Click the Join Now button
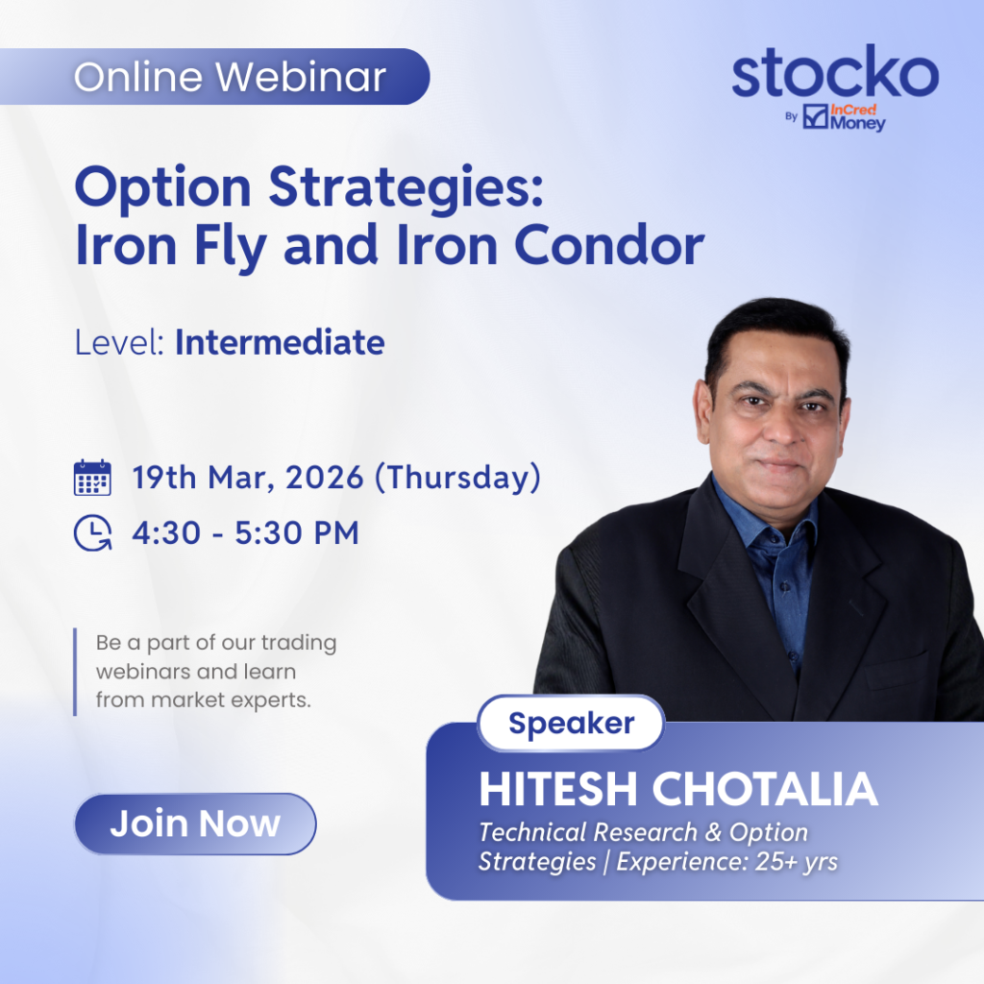tap(195, 824)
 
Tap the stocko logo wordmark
tap(835, 71)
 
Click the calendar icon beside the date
tap(93, 478)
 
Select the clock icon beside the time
tap(93, 533)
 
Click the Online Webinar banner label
tap(230, 77)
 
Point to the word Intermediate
tap(280, 343)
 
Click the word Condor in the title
tap(609, 245)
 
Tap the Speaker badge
tap(571, 723)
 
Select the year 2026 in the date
tap(325, 478)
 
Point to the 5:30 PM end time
tap(297, 533)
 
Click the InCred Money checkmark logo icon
tap(815, 116)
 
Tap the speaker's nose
tap(775, 429)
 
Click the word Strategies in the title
tap(406, 187)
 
